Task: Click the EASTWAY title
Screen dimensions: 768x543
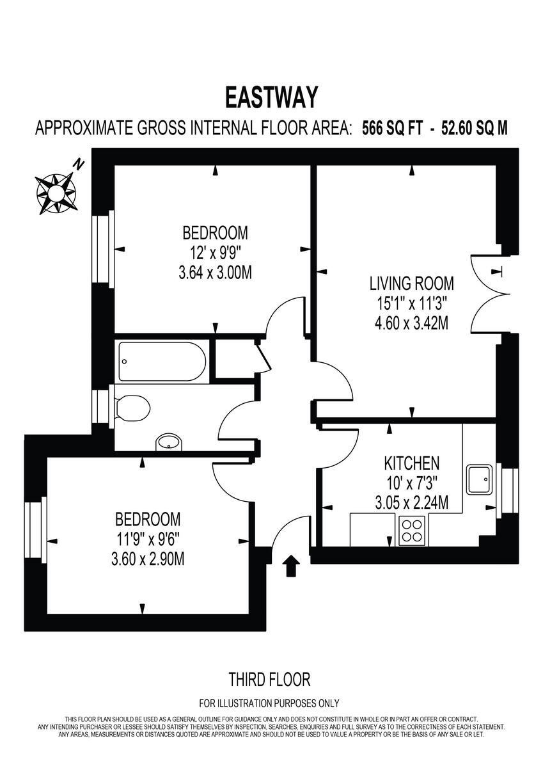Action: click(x=271, y=98)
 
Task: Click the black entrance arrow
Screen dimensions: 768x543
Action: click(x=292, y=566)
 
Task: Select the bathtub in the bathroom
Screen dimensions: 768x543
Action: click(x=162, y=362)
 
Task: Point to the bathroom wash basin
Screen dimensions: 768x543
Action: click(x=169, y=442)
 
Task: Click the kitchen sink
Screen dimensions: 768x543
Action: click(x=480, y=479)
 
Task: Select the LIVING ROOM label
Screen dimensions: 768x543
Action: click(x=411, y=284)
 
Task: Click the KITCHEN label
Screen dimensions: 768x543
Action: click(x=411, y=463)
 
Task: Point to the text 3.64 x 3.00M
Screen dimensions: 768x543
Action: click(x=215, y=273)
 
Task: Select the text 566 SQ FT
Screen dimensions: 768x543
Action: click(x=391, y=128)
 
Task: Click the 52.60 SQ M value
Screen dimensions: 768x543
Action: click(x=473, y=128)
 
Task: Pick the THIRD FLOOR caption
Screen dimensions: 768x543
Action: click(x=269, y=678)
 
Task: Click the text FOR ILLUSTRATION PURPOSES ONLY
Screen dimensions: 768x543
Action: click(x=269, y=703)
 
